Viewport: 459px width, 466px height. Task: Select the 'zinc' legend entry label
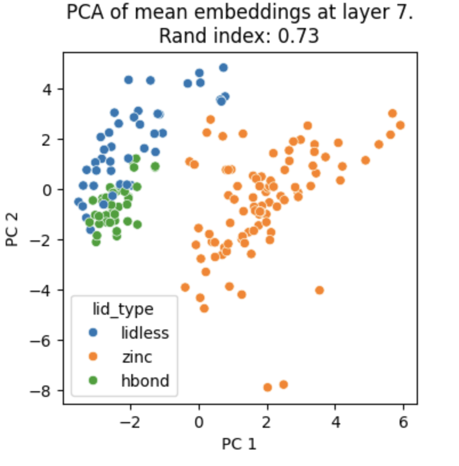pyautogui.click(x=136, y=357)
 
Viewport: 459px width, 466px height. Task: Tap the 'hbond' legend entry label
pyautogui.click(x=144, y=380)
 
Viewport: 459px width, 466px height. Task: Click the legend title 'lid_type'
pyautogui.click(x=123, y=310)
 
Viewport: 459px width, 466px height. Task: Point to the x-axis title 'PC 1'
pyautogui.click(x=240, y=444)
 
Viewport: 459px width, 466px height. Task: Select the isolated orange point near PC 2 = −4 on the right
pyautogui.click(x=320, y=290)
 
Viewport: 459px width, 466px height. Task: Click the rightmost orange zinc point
pyautogui.click(x=400, y=125)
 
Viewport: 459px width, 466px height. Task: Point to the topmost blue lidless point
pyautogui.click(x=223, y=67)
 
